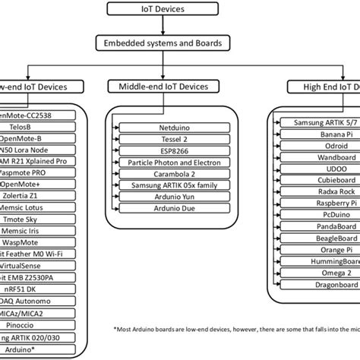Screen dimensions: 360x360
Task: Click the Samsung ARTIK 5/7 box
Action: tap(319, 122)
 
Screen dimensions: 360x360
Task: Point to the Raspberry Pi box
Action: tap(319, 204)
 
